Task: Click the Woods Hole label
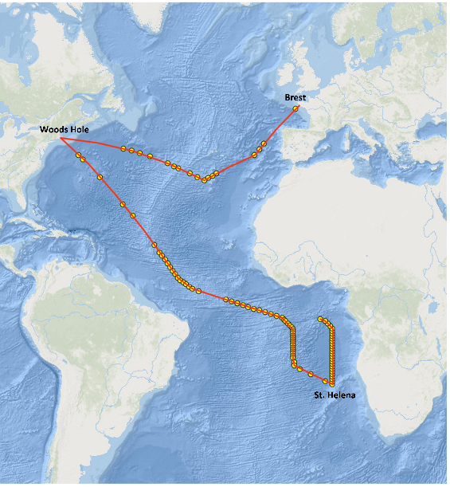click(65, 129)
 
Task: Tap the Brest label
click(295, 98)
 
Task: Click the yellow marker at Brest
click(296, 108)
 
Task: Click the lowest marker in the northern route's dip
click(204, 180)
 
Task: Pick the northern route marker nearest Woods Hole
click(123, 148)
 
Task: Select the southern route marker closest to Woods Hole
click(79, 155)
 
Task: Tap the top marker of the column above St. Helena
click(320, 320)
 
